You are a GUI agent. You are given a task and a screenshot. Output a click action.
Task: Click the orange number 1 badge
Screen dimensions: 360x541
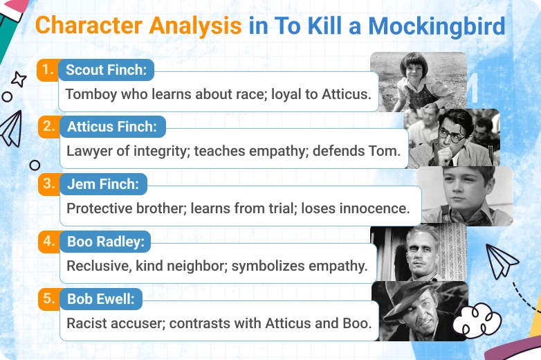[46, 70]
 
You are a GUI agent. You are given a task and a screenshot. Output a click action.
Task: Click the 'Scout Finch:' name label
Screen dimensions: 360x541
[106, 70]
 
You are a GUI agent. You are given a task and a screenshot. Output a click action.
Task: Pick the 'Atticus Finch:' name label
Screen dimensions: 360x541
[111, 127]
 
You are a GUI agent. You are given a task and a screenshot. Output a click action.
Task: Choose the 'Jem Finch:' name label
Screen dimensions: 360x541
[102, 185]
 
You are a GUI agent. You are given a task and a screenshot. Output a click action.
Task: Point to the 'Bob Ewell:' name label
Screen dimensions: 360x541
[100, 300]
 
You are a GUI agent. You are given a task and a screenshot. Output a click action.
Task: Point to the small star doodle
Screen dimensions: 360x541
[19, 79]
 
